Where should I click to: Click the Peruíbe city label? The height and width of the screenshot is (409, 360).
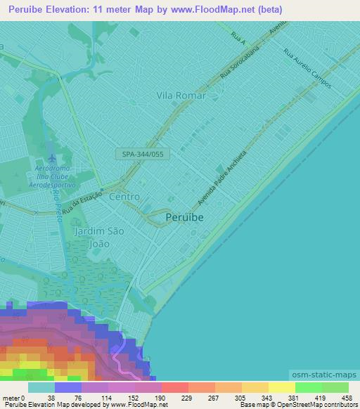[185, 218]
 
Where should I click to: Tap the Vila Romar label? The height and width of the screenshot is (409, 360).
[181, 96]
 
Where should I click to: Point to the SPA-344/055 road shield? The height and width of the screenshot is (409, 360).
[143, 153]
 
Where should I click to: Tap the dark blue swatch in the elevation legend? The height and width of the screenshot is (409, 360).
[68, 387]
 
